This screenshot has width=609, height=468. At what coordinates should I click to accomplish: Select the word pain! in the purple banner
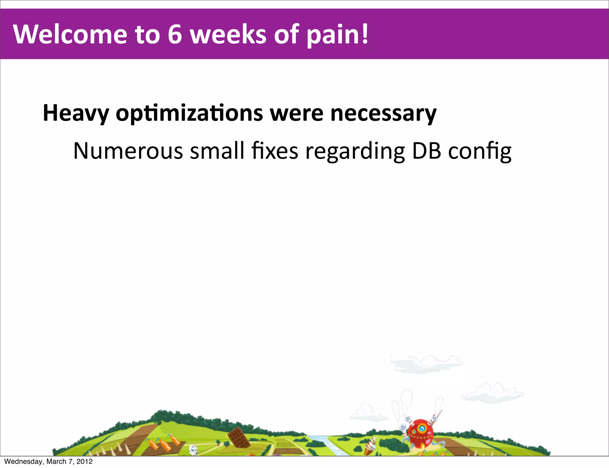click(338, 35)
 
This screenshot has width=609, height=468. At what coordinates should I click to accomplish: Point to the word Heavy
click(76, 114)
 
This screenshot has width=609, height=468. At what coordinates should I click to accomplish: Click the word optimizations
click(189, 114)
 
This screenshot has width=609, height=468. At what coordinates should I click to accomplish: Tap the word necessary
click(383, 114)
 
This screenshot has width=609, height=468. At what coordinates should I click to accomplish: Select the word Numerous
click(128, 151)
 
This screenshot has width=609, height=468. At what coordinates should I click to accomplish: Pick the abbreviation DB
click(426, 151)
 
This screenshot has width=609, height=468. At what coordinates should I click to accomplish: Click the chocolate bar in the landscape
click(238, 437)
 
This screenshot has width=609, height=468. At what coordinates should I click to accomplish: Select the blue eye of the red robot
click(421, 429)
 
